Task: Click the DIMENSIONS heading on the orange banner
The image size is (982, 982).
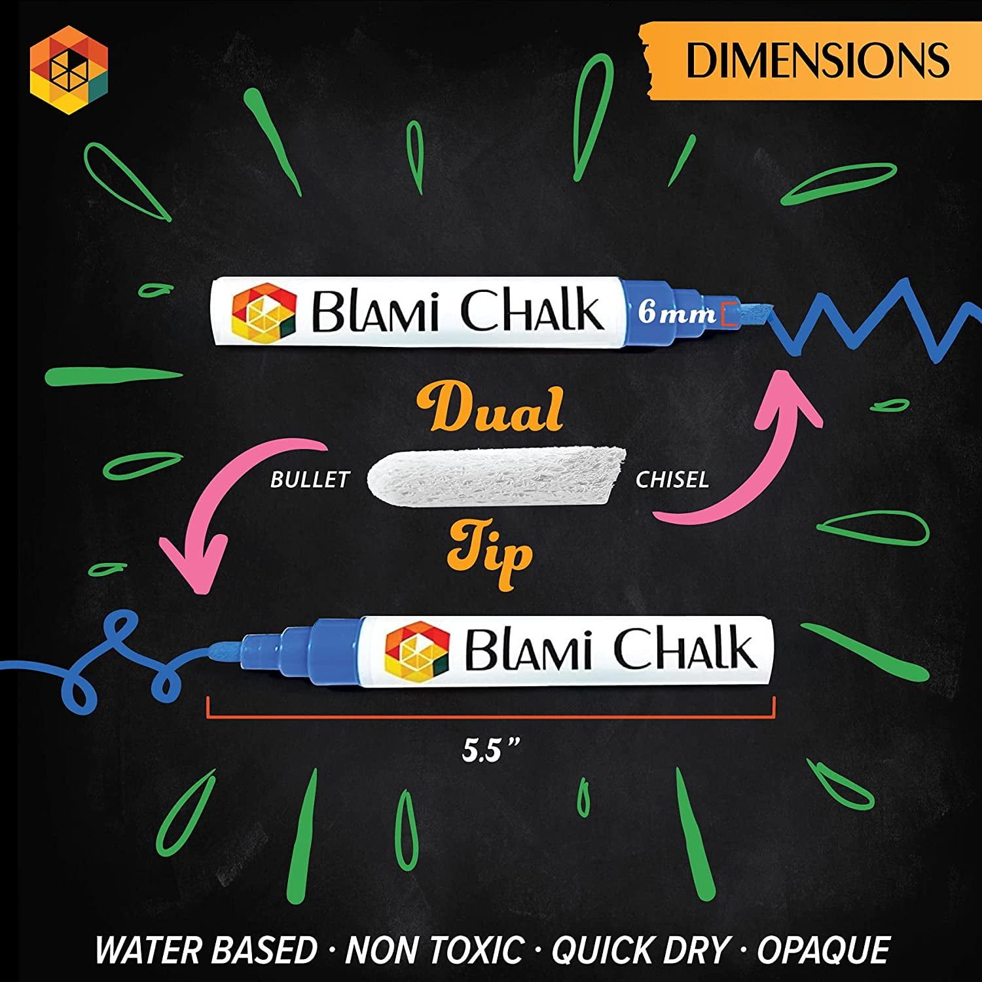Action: (817, 60)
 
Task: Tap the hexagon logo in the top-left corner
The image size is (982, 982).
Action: (69, 69)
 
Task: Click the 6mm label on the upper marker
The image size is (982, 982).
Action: (677, 312)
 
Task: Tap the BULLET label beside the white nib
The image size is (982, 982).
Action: (310, 480)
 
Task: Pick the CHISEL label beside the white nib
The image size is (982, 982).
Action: (672, 480)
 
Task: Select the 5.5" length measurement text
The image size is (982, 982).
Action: (490, 750)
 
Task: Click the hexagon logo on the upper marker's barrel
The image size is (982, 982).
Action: (264, 312)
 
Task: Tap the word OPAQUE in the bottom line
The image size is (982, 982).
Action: (824, 951)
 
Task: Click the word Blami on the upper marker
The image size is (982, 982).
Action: (374, 312)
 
